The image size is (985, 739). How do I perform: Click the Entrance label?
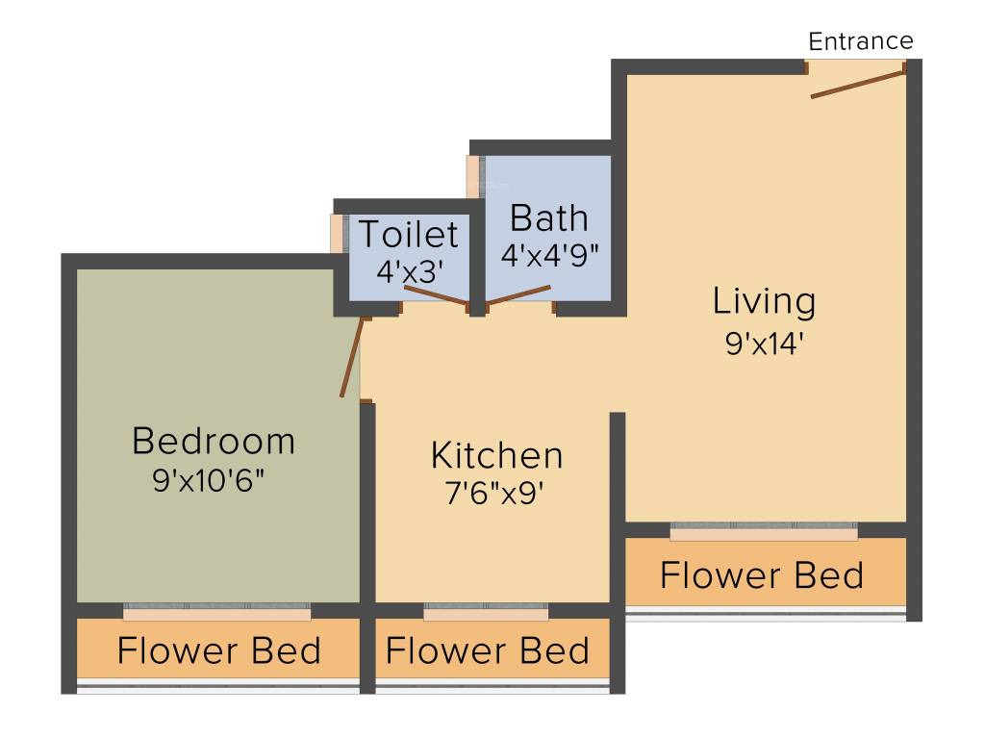860,41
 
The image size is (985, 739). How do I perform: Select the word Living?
764,301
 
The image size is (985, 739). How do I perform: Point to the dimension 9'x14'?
764,344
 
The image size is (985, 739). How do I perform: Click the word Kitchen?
496,455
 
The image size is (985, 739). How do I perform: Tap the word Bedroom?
214,442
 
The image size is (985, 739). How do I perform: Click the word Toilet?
409,234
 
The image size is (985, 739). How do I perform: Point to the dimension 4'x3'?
409,272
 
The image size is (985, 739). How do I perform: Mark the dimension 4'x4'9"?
549,256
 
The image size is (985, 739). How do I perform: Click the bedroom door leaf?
352,355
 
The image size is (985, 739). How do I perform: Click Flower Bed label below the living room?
762,575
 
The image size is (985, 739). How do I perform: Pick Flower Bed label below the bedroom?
218,651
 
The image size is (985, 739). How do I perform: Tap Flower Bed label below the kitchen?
488,651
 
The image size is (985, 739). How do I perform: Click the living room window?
764,530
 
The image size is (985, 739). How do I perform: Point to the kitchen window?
486,612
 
